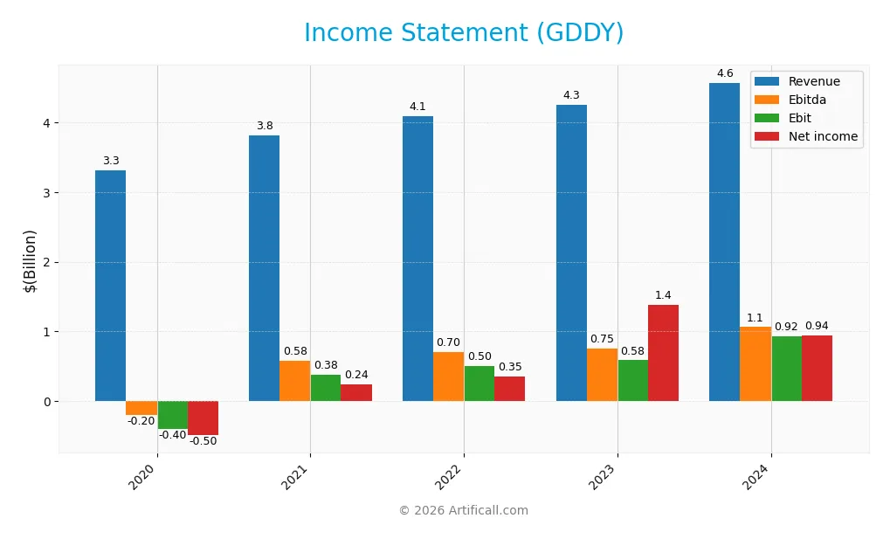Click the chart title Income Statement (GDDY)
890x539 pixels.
[463, 33]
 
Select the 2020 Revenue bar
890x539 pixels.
[110, 286]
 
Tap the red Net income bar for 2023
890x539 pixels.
[663, 353]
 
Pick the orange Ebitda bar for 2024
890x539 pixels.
[755, 363]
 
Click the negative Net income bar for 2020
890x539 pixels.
[203, 418]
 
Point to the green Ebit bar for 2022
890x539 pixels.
[479, 384]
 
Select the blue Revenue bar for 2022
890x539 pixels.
[417, 259]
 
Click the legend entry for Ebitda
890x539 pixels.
[806, 100]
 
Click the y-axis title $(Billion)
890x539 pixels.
[30, 260]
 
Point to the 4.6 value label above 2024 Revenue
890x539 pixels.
[724, 74]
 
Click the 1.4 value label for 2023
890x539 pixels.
[663, 295]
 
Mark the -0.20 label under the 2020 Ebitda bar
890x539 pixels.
[141, 421]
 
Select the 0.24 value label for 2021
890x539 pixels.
[356, 375]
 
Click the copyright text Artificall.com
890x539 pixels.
[463, 511]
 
